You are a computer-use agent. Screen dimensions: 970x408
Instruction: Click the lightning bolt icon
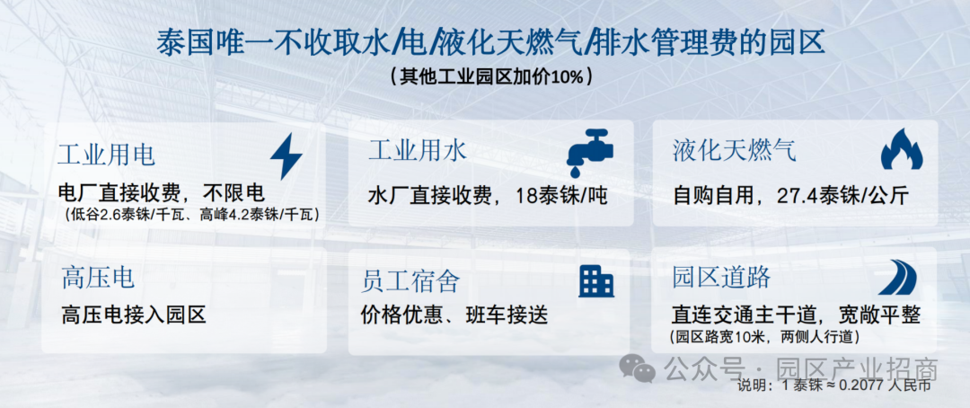point(287,156)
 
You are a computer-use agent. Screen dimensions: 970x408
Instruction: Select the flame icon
point(902,149)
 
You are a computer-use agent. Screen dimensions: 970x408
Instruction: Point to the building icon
point(596,280)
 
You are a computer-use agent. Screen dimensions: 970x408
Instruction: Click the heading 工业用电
point(106,155)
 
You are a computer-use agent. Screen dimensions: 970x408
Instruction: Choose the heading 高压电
point(98,278)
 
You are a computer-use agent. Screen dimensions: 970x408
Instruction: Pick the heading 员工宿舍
point(410,281)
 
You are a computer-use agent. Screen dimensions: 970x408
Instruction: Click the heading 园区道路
point(721,278)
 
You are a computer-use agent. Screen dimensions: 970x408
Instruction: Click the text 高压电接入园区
point(134,315)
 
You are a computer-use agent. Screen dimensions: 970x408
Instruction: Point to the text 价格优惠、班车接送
point(454,315)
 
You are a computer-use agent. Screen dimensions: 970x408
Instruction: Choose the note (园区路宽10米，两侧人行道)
point(766,337)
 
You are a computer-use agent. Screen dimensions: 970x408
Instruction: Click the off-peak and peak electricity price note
point(191,215)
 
